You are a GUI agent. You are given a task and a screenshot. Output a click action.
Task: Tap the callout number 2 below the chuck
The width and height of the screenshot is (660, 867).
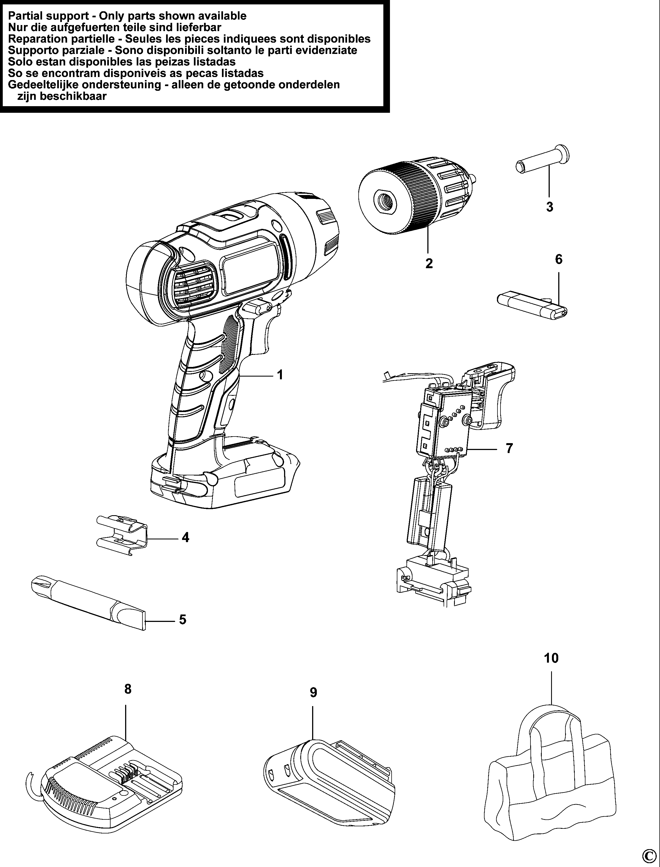click(x=429, y=263)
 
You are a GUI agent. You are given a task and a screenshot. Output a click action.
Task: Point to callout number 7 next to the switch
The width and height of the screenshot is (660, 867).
click(x=509, y=448)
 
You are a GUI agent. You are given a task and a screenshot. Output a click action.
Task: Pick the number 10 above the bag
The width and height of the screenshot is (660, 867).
click(x=551, y=658)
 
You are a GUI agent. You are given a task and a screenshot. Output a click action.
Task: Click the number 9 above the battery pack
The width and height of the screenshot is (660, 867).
click(x=313, y=692)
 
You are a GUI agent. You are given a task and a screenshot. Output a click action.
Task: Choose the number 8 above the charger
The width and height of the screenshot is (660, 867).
click(x=128, y=689)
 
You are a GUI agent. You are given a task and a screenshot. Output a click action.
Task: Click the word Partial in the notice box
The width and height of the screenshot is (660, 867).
click(x=25, y=16)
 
